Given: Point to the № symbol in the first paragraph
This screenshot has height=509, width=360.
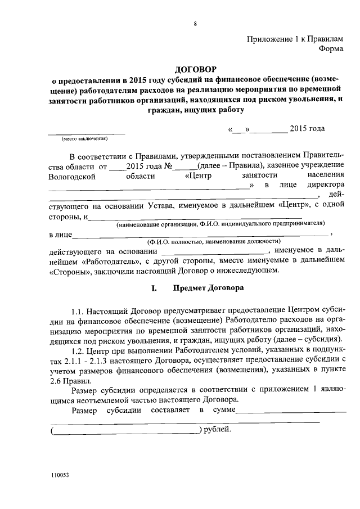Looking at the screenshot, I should click(x=167, y=166).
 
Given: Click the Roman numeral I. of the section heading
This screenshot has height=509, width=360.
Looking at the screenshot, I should click(x=154, y=290).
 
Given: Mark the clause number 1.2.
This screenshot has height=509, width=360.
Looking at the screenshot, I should click(x=79, y=349).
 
